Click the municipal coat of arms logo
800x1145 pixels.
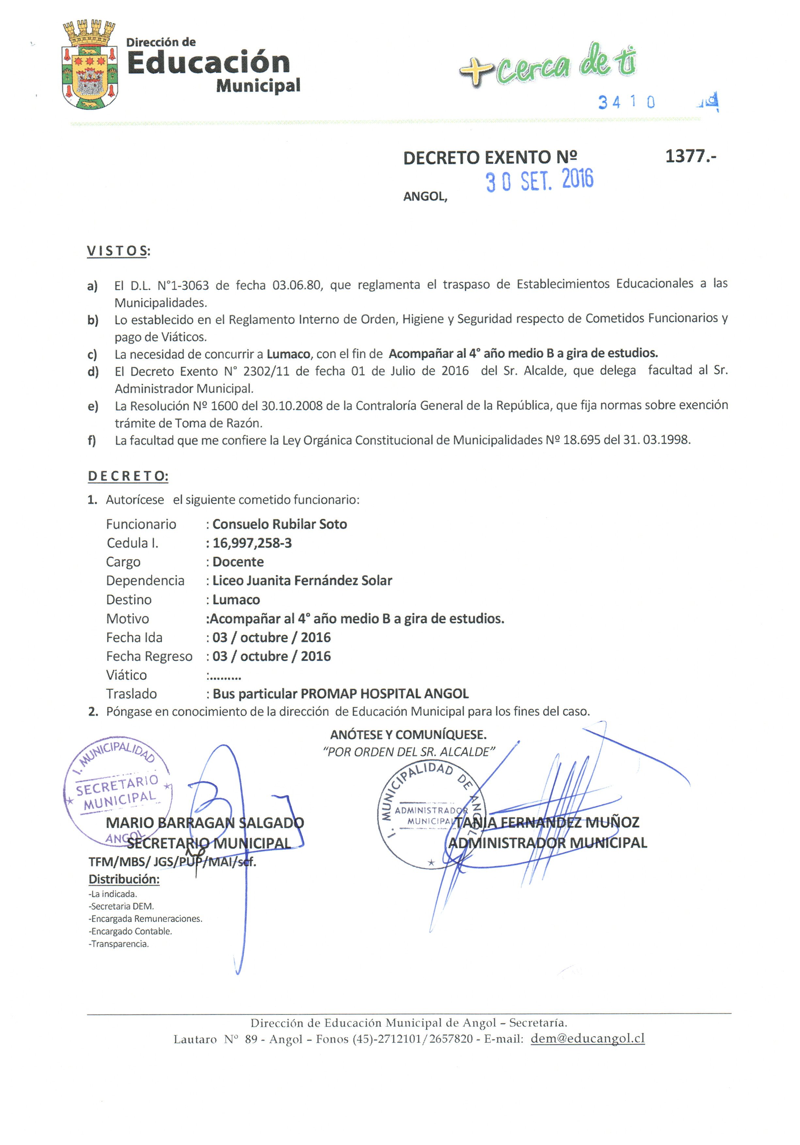click(90, 65)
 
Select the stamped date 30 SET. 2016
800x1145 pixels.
click(540, 181)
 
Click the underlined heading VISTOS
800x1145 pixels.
click(118, 250)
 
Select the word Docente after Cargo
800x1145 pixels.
click(238, 562)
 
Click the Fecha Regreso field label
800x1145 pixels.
click(149, 656)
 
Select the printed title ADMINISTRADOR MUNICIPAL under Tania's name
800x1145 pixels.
click(547, 843)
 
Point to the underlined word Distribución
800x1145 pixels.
click(124, 879)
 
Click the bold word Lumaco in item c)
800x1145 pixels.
click(288, 354)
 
